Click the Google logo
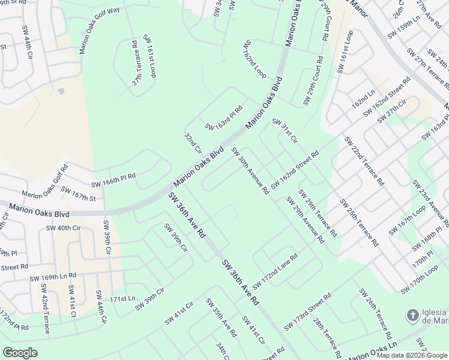pyautogui.click(x=20, y=353)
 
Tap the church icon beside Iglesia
pyautogui.click(x=412, y=315)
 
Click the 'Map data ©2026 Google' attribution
pyautogui.click(x=411, y=355)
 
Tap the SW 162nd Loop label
pyautogui.click(x=255, y=60)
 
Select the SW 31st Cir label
pyautogui.click(x=285, y=130)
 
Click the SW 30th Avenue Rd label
pyautogui.click(x=250, y=171)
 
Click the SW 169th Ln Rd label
pyautogui.click(x=53, y=276)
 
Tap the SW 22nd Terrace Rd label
pyautogui.click(x=364, y=161)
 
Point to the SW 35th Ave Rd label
pyautogui.click(x=221, y=317)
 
